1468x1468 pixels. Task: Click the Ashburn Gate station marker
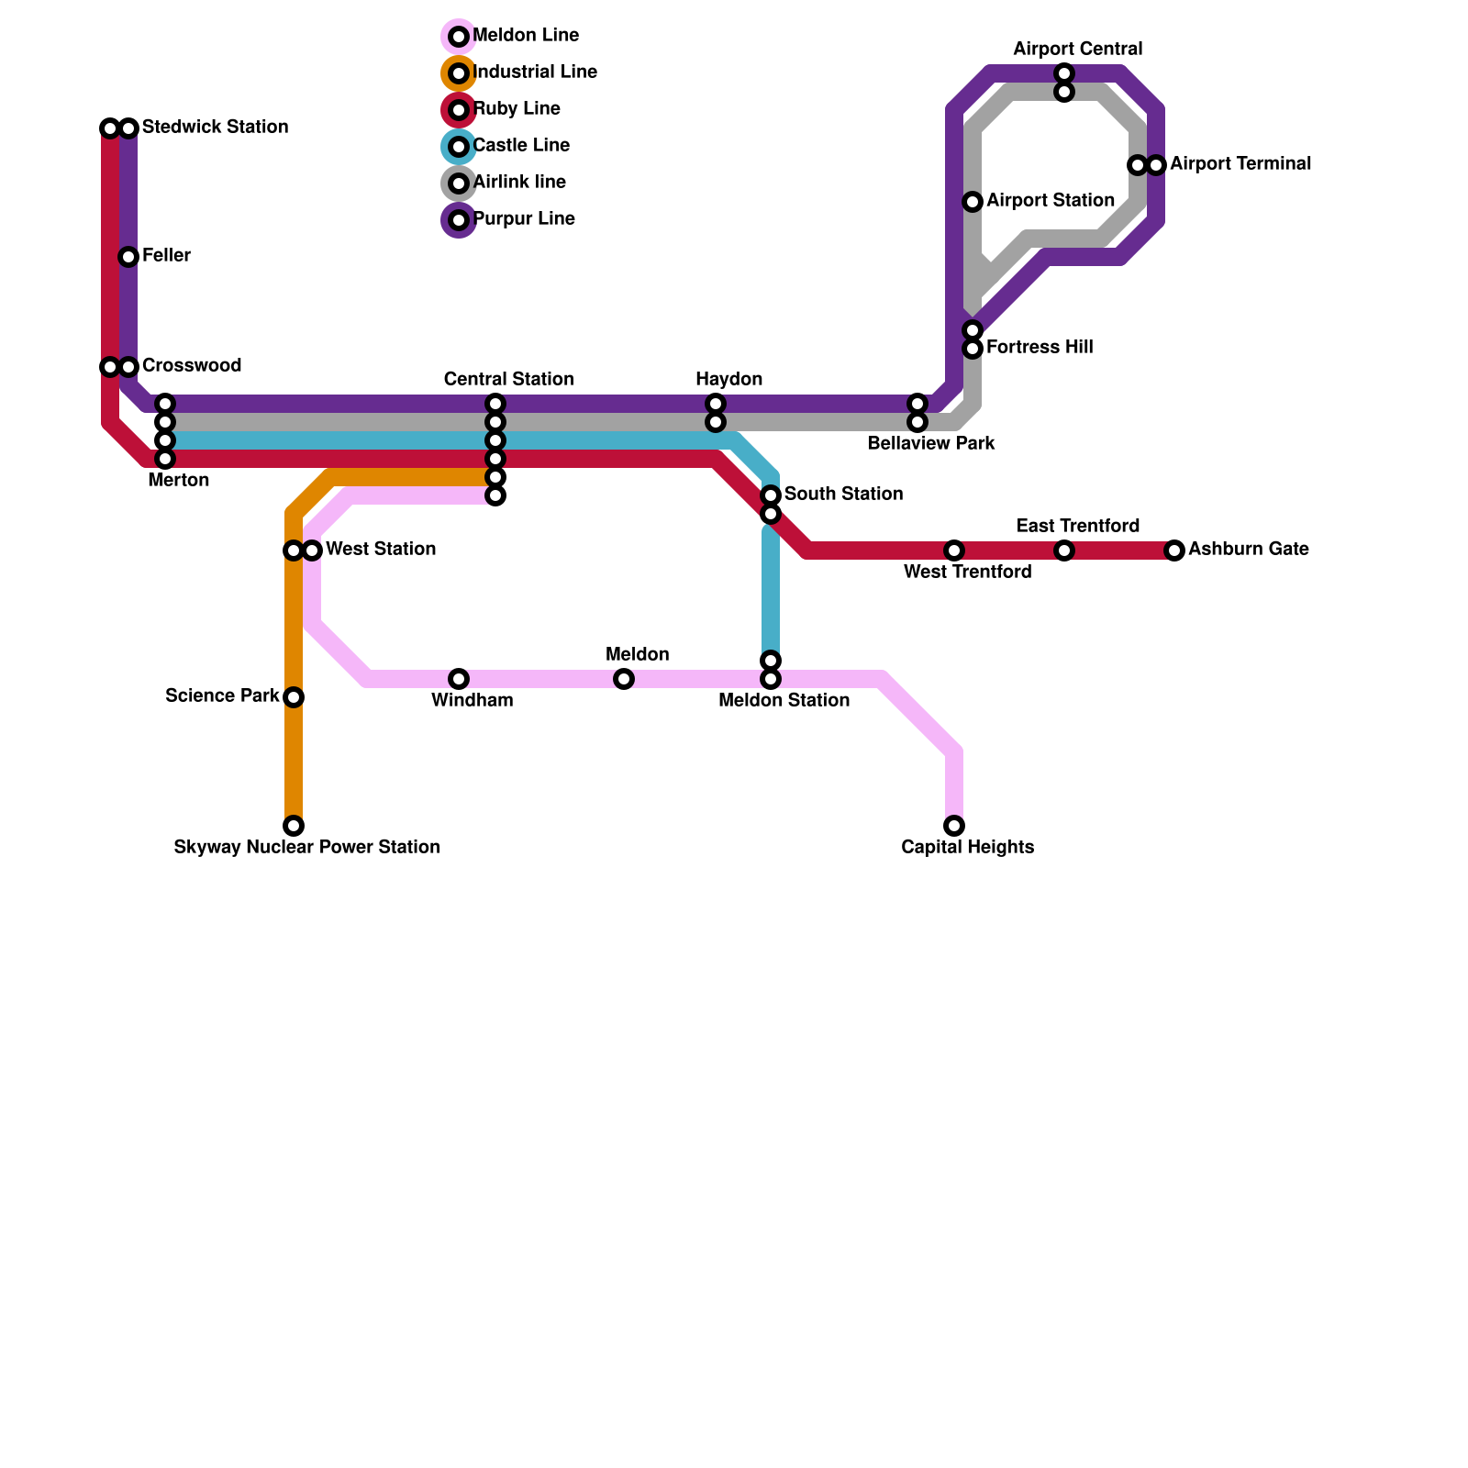1174,550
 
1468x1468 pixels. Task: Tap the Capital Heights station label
967,847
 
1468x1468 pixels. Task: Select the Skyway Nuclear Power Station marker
294,826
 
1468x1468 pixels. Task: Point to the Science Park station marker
294,697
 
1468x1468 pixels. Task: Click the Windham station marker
459,679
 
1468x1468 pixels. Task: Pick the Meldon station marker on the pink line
624,679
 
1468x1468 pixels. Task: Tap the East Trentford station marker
1064,550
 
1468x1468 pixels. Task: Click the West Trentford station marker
954,550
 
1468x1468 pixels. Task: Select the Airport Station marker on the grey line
973,202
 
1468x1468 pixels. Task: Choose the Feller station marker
128,257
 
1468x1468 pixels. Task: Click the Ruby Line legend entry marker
459,110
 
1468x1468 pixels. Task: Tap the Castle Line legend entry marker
459,147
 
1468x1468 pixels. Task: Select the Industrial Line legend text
535,72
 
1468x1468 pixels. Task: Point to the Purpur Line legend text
524,218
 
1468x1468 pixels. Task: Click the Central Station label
508,379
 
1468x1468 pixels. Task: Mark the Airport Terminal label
1240,163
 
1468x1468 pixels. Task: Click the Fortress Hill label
1039,347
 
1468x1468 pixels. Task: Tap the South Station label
843,494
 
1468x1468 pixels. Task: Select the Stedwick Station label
215,127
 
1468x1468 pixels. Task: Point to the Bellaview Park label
930,443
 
